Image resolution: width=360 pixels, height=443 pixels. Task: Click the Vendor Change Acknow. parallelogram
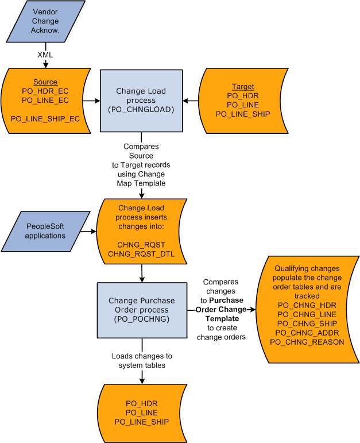[45, 21]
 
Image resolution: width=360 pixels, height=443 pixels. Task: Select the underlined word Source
[45, 82]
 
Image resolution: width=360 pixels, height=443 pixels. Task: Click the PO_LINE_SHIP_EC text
[45, 119]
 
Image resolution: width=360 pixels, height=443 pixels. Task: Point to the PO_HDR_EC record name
[45, 91]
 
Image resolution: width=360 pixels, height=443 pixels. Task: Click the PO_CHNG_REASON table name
[307, 342]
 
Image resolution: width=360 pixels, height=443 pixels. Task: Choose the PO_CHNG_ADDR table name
[307, 333]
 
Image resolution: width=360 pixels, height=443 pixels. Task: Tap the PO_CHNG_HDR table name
[307, 305]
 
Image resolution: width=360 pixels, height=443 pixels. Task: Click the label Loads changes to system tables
[142, 360]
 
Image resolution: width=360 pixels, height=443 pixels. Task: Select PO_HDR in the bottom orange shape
[142, 404]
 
